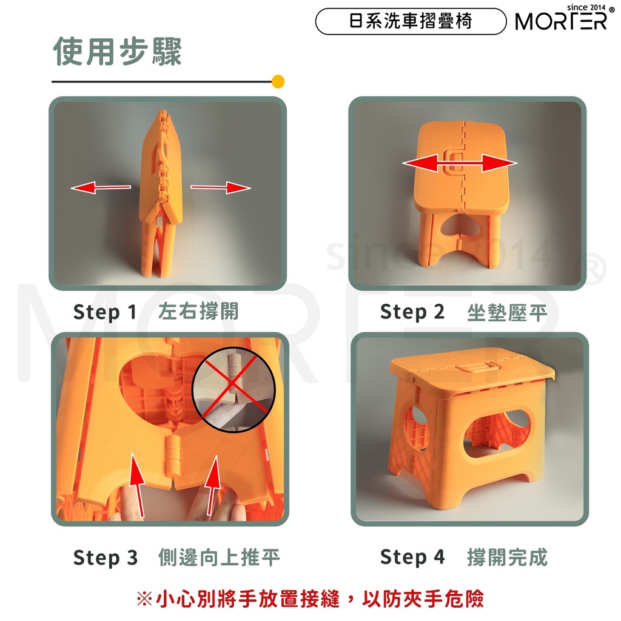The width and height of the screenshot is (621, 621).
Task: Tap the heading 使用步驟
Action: point(118,52)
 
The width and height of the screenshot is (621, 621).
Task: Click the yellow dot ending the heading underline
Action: point(278,82)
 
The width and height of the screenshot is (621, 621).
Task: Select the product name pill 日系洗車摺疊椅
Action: point(411,21)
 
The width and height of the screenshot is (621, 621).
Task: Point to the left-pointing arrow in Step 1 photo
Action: point(101,187)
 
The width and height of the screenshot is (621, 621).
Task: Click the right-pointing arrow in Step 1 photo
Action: point(221,187)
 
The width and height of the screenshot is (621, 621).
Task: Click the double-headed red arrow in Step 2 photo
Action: point(460,163)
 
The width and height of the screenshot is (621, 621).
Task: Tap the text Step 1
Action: point(105,312)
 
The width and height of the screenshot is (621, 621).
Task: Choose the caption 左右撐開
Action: point(198,311)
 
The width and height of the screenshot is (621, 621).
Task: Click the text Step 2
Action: point(412,312)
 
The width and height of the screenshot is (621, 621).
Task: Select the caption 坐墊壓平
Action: point(507,313)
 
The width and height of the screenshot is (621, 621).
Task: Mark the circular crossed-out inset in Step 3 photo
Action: point(233,390)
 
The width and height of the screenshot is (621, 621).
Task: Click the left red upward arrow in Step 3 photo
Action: point(138,486)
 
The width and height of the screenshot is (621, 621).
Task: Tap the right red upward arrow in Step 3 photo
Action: point(213,486)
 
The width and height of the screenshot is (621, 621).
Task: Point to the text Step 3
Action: point(106,558)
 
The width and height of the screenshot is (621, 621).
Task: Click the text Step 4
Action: point(412,557)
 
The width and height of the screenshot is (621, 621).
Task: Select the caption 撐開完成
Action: point(508,557)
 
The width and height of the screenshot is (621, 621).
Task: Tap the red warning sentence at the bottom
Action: point(310,599)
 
